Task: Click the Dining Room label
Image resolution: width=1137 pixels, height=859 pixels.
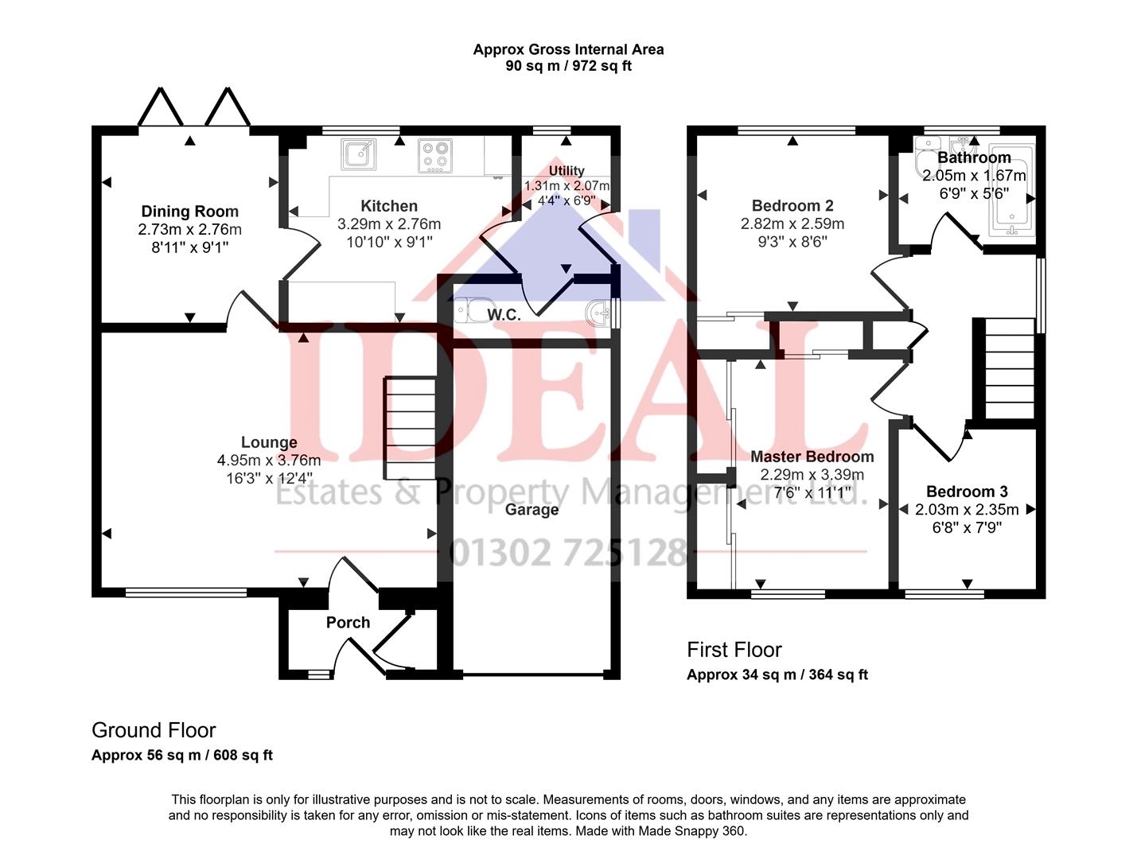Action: point(189,212)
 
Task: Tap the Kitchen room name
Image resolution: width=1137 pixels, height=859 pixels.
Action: point(389,206)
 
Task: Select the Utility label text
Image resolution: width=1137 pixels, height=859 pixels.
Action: point(567,171)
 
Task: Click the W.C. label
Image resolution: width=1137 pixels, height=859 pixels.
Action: point(504,315)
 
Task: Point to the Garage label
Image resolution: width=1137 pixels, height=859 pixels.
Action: point(532,510)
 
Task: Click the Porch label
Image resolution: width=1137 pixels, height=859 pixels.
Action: point(348,623)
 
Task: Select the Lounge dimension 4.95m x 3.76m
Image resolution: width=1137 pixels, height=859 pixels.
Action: point(269,461)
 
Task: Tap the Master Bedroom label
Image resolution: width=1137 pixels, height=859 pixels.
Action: point(812,457)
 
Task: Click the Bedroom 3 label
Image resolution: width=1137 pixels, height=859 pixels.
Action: point(967,492)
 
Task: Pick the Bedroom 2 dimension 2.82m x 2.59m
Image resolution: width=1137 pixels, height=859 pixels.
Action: point(792,224)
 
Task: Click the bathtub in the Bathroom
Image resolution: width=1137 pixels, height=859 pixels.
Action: point(1011,195)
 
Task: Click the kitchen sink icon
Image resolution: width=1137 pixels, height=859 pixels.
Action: point(358,154)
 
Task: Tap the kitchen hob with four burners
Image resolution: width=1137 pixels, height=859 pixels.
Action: point(435,156)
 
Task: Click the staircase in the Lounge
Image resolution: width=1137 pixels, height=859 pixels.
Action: point(410,428)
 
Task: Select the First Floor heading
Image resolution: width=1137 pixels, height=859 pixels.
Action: point(734,650)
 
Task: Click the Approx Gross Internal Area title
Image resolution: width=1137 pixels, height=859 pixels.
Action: point(568,49)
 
